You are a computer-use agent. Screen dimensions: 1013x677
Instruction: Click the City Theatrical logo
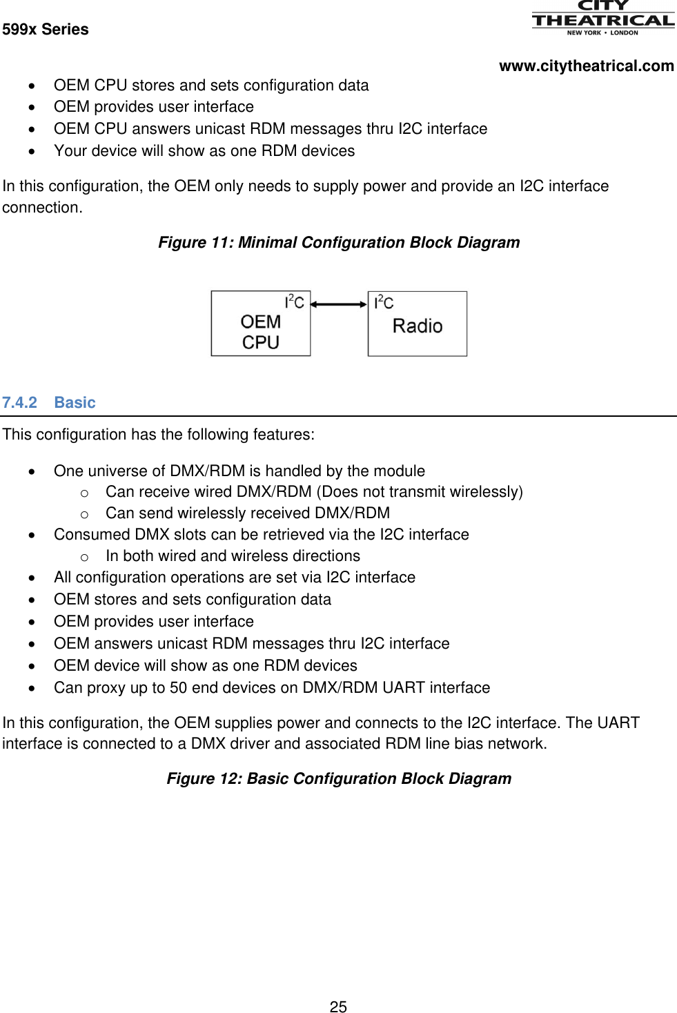(x=602, y=18)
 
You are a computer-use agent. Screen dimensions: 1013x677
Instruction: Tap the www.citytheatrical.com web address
(x=586, y=66)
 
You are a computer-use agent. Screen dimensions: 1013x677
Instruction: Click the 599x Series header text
(x=46, y=30)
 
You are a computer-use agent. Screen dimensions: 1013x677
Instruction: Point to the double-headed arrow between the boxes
(x=339, y=304)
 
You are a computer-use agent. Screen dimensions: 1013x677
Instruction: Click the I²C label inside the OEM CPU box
(x=294, y=302)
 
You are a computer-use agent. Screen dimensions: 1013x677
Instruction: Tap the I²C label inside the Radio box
(x=384, y=303)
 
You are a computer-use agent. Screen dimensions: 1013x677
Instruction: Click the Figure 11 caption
(x=339, y=243)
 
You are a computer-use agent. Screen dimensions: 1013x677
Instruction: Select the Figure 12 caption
(x=339, y=779)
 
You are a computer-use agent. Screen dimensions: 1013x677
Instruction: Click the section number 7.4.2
(x=19, y=403)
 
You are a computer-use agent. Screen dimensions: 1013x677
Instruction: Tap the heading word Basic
(x=75, y=403)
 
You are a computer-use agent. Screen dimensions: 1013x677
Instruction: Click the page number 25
(x=338, y=1007)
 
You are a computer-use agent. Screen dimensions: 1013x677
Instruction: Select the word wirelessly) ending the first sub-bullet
(x=486, y=492)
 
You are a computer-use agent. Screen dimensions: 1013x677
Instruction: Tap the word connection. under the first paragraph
(x=42, y=208)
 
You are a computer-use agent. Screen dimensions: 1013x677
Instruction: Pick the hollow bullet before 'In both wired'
(x=84, y=557)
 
